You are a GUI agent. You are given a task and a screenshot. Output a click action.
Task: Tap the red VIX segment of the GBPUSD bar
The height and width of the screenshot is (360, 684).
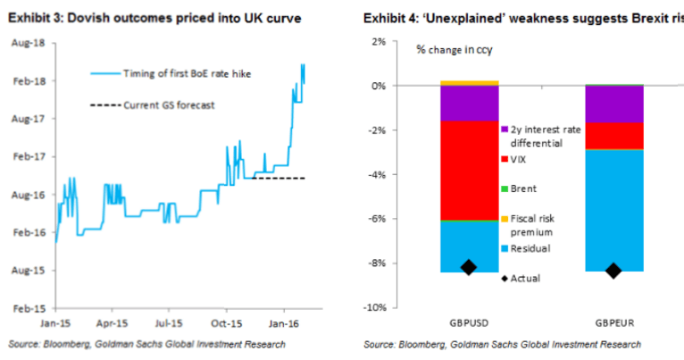pyautogui.click(x=469, y=170)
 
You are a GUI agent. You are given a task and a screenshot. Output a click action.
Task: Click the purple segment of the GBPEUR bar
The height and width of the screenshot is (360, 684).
pyautogui.click(x=613, y=104)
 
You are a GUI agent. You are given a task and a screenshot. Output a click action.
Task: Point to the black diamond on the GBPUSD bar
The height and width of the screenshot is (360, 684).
pyautogui.click(x=468, y=266)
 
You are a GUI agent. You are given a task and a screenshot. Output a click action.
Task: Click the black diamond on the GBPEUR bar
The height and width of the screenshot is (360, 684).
pyautogui.click(x=613, y=270)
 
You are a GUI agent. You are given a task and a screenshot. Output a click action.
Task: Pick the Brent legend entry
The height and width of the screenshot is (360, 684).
pyautogui.click(x=526, y=188)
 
